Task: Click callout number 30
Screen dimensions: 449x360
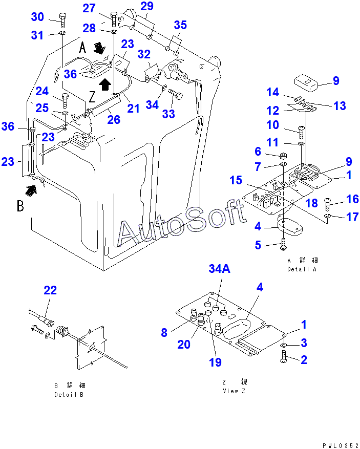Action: coord(37,17)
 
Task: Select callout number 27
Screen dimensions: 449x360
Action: coord(89,9)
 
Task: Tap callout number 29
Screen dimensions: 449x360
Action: coord(146,7)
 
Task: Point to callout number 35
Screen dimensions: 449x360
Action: coord(180,25)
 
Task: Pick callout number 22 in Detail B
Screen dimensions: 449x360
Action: coord(50,290)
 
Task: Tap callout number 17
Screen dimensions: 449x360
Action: coord(352,217)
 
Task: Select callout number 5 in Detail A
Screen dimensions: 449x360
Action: coord(259,245)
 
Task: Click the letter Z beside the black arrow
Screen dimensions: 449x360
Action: coord(92,97)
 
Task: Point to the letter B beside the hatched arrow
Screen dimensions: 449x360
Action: coord(20,206)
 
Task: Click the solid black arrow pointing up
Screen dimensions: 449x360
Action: coord(104,83)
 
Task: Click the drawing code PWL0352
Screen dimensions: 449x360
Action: coord(340,445)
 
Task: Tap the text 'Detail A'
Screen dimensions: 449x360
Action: coord(302,269)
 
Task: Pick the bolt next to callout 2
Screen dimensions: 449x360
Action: coord(285,359)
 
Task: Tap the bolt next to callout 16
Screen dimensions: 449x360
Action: coord(329,204)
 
